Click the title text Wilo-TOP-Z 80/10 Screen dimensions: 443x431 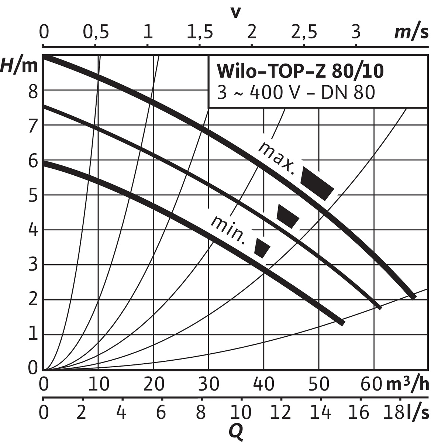(x=300, y=72)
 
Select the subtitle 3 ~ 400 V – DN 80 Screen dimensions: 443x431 (x=296, y=93)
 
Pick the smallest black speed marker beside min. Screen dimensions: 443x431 (x=262, y=248)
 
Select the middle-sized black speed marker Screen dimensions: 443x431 (x=287, y=216)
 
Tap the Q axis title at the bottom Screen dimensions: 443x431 (x=236, y=432)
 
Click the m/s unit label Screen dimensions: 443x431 (x=411, y=33)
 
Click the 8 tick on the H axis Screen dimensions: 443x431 (x=33, y=91)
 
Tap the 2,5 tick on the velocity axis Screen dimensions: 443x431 (x=304, y=33)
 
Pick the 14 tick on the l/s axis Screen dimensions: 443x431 (x=321, y=412)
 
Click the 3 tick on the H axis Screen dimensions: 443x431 (x=33, y=265)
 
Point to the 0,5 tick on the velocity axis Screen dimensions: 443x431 (x=96, y=33)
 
